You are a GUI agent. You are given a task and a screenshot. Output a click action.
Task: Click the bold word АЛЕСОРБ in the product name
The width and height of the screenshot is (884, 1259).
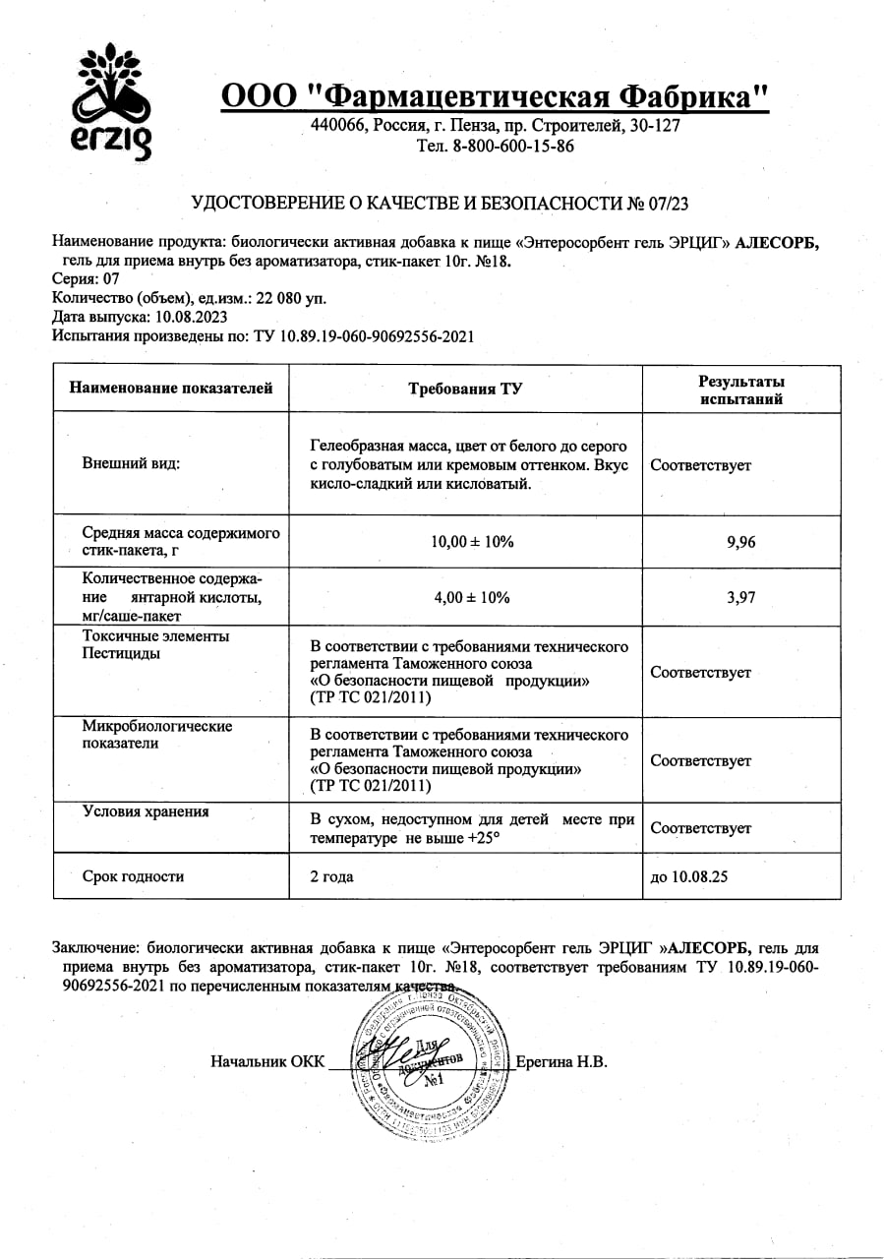[x=777, y=244]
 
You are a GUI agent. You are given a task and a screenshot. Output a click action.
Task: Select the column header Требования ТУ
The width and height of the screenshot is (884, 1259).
[x=465, y=389]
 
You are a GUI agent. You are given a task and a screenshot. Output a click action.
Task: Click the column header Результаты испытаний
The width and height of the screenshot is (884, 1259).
[x=741, y=390]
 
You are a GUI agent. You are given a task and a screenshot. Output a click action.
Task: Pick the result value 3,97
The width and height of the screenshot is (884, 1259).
[x=740, y=596]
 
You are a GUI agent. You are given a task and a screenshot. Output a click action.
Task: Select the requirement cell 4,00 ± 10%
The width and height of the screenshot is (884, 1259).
[x=465, y=596]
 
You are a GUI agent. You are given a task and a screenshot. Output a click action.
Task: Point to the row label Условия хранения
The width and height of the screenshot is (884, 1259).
[x=146, y=811]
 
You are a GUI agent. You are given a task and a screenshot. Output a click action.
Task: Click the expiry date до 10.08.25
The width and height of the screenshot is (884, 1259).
[x=689, y=876]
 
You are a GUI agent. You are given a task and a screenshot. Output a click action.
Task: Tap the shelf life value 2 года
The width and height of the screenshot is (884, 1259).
[x=331, y=876]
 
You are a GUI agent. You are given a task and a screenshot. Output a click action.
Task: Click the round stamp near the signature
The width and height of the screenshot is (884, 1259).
[x=431, y=1063]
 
